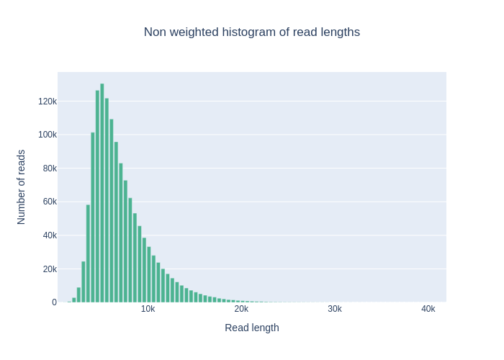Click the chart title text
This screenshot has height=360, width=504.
pos(251,32)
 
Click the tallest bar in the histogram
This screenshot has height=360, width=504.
pos(102,193)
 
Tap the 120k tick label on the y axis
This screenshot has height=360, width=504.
pos(48,102)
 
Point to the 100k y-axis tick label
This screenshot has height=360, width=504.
pos(48,135)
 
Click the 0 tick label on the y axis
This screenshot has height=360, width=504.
pos(54,302)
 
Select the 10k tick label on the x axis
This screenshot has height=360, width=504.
pos(148,309)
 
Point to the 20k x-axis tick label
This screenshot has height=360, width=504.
pos(241,309)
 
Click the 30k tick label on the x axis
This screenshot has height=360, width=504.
pos(335,309)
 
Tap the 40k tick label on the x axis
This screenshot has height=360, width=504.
pos(428,309)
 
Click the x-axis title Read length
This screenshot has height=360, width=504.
pos(251,328)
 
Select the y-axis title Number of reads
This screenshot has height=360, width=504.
pos(21,187)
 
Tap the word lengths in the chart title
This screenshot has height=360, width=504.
pos(340,32)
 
